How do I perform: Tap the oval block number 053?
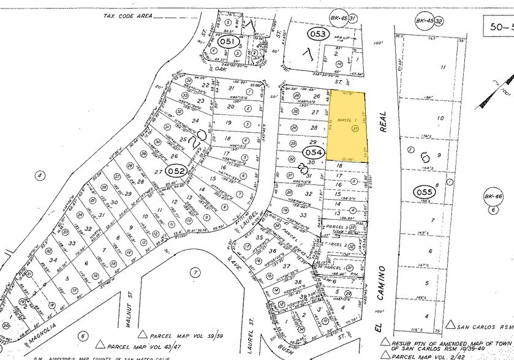coord(318,34)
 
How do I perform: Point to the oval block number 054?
coord(313,151)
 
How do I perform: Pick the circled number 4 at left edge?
coord(40,176)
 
